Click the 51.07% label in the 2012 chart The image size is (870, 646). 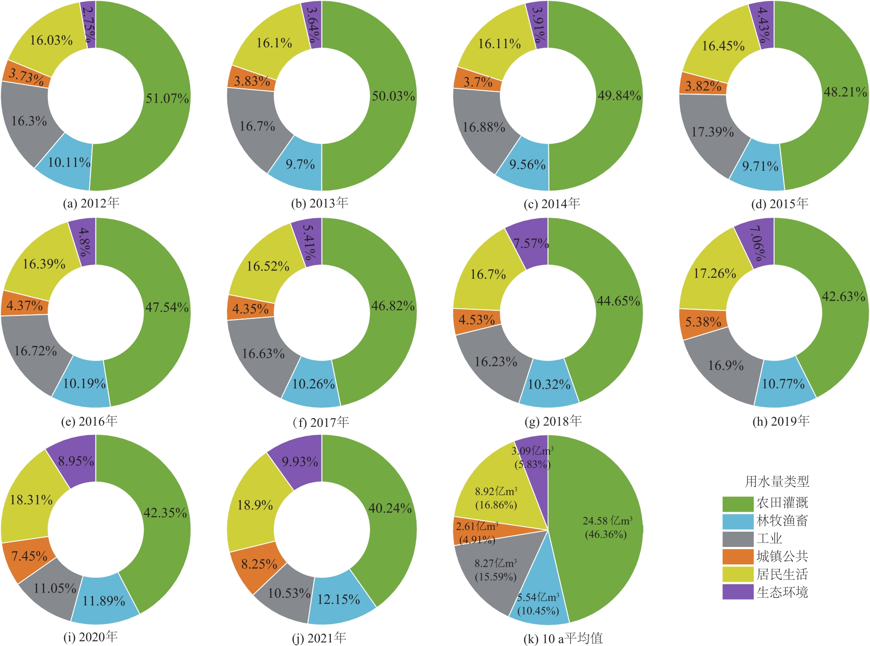point(167,98)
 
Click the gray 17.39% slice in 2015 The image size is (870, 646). point(713,132)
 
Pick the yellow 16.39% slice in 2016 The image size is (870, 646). point(44,264)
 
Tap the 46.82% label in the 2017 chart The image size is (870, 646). point(393,306)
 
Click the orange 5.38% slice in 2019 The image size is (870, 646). point(703,322)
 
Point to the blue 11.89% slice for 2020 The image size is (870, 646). point(104,601)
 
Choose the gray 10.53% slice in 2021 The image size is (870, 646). point(289,593)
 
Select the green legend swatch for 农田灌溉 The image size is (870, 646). point(738,504)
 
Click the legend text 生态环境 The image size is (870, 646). point(782,592)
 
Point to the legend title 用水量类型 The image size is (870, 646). point(777,482)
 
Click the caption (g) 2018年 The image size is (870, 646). point(553,421)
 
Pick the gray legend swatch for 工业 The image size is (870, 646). point(738,539)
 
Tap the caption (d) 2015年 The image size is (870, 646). point(779,204)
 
